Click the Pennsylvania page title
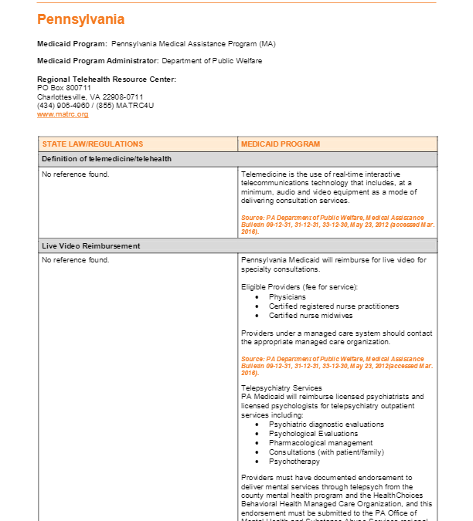[x=80, y=19]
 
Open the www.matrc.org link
[x=63, y=114]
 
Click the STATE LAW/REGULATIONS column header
[x=93, y=144]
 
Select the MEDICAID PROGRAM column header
[x=281, y=144]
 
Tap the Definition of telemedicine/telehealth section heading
[x=107, y=159]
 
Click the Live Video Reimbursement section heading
[x=91, y=245]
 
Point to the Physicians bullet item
[x=287, y=296]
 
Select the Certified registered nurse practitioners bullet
[x=334, y=306]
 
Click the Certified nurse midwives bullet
[x=311, y=315]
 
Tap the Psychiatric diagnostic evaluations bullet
[x=326, y=425]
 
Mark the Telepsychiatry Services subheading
[x=281, y=387]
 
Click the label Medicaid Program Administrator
[x=98, y=61]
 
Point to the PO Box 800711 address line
[x=64, y=88]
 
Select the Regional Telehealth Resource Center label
[x=107, y=79]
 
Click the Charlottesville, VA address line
[x=90, y=96]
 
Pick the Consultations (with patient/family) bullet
[x=326, y=452]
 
